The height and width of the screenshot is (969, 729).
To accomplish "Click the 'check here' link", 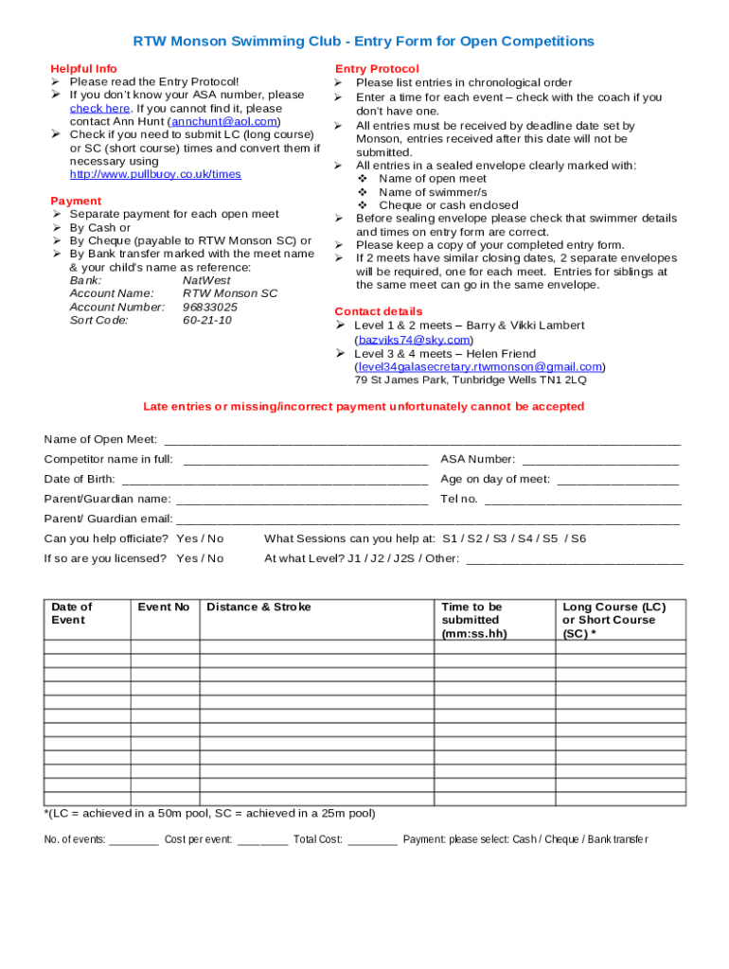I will tap(99, 109).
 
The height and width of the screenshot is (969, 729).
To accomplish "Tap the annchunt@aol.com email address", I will tap(223, 122).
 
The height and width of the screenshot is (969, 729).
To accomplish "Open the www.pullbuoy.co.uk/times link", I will tap(155, 175).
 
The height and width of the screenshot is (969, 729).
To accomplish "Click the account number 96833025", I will tap(210, 308).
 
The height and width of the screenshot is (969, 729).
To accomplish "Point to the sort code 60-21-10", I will tap(207, 321).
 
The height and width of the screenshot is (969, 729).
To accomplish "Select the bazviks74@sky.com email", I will tap(413, 340).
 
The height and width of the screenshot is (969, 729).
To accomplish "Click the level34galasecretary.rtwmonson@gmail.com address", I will tap(480, 367).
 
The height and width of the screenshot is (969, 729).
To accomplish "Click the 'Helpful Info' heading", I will tap(84, 69).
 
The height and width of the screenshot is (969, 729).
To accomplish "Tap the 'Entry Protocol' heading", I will tap(377, 69).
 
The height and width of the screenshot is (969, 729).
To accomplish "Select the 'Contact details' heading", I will tap(379, 312).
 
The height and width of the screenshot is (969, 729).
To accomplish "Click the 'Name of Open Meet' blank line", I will tap(422, 441).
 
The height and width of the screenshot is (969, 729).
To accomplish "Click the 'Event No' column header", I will tap(164, 608).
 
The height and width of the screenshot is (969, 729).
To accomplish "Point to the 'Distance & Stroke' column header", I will tap(258, 608).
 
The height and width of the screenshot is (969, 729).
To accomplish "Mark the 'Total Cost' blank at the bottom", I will tap(372, 840).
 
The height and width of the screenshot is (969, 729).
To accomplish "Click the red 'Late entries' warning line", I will tap(364, 407).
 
